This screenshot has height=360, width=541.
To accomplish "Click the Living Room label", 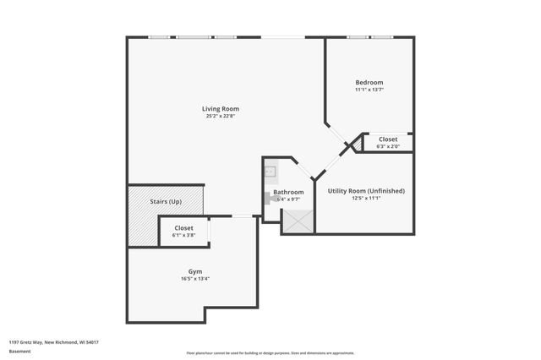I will click(221, 108).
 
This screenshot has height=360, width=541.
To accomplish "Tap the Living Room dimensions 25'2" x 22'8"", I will click(221, 117).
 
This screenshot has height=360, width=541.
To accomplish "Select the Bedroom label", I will click(369, 82).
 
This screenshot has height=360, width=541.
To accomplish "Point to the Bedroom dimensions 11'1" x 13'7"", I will click(369, 90).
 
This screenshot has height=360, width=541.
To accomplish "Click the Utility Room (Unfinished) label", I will click(366, 191).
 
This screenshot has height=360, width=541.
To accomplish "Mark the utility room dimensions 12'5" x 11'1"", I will click(366, 199).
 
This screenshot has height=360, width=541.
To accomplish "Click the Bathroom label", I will click(288, 192).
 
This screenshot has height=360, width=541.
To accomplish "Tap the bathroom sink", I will click(270, 173).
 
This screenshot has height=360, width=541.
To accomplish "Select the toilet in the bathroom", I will click(267, 198).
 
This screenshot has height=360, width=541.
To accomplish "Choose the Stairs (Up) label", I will click(166, 202).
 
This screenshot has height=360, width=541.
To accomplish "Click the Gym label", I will click(195, 272).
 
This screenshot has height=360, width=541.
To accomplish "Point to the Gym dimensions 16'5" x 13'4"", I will click(195, 280).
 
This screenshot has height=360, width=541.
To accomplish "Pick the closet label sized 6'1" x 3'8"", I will click(183, 228).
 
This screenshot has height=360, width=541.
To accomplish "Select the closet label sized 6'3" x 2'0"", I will click(388, 139).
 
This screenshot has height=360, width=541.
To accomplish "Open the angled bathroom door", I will click(302, 167).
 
